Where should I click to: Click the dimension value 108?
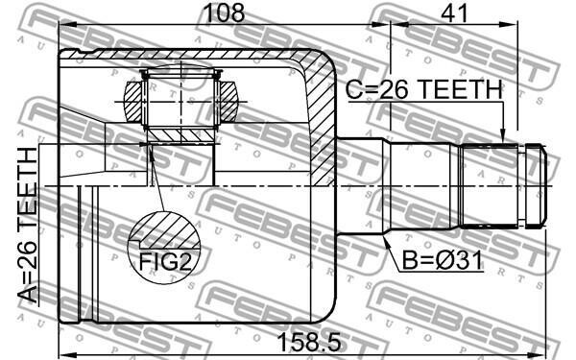pyautogui.click(x=224, y=12)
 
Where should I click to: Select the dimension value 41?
pyautogui.click(x=454, y=12)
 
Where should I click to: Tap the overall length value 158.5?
pyautogui.click(x=309, y=343)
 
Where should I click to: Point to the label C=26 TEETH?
pyautogui.click(x=424, y=89)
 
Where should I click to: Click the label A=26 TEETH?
pyautogui.click(x=28, y=226)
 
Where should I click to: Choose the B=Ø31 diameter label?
pyautogui.click(x=443, y=260)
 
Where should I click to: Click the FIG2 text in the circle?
pyautogui.click(x=165, y=261)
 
